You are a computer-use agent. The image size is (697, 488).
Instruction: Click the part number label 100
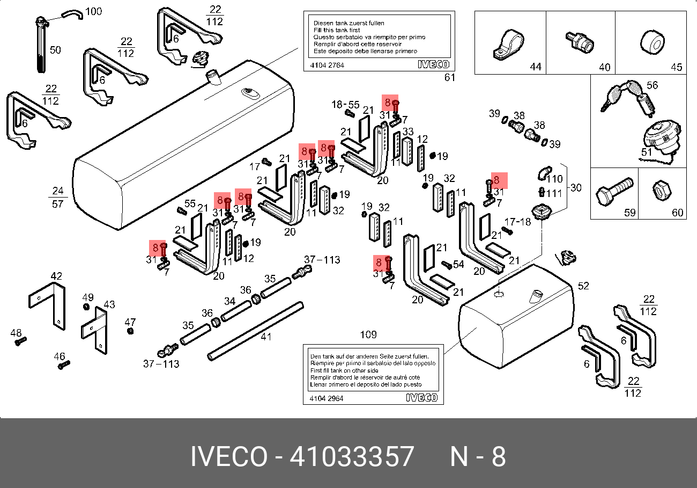[x=93, y=11]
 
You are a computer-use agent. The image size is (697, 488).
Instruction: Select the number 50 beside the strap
[x=55, y=50]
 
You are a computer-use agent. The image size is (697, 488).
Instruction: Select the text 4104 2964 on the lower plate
[x=327, y=398]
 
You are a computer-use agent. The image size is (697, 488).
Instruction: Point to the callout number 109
[x=368, y=335]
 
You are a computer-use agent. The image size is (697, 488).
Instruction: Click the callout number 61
[x=449, y=77]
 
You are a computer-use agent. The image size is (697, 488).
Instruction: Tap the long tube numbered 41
[x=256, y=331]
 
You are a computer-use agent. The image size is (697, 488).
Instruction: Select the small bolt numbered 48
[x=20, y=341]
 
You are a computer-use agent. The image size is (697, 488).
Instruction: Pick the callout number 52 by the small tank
[x=583, y=286]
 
